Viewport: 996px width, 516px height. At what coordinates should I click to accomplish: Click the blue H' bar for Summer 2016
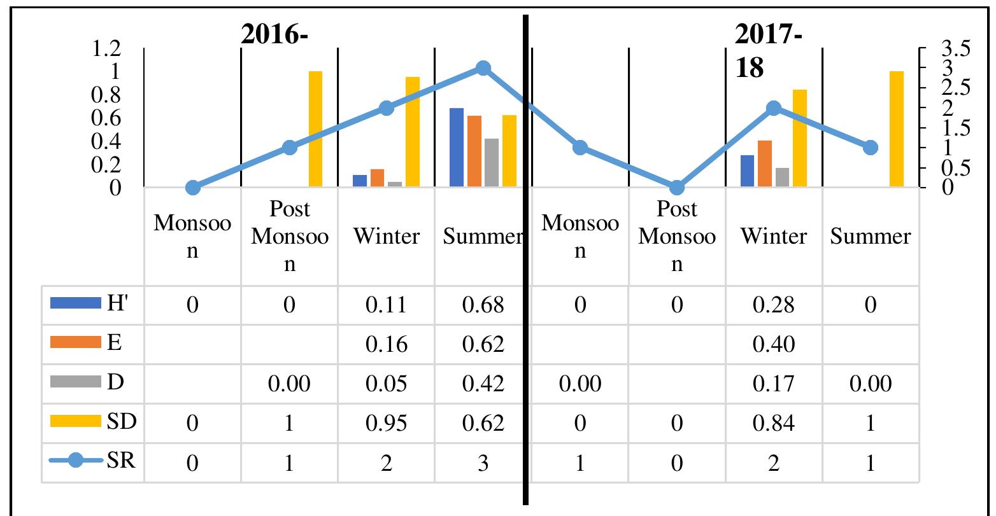[456, 148]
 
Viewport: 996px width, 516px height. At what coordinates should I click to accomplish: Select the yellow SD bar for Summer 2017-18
[897, 129]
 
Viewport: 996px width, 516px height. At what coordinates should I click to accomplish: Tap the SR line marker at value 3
[483, 68]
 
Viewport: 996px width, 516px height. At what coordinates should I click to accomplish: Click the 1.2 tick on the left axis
[106, 48]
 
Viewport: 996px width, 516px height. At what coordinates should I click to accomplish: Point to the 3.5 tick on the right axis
[955, 48]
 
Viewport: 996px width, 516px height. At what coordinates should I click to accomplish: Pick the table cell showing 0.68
[483, 305]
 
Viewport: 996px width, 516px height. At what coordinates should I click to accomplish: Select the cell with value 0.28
[773, 305]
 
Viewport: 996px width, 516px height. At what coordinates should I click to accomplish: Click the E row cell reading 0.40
[773, 344]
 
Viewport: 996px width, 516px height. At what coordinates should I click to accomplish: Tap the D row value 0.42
[483, 383]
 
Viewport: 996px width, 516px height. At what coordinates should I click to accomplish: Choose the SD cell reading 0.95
[386, 422]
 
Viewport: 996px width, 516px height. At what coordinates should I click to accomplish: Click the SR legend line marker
[76, 460]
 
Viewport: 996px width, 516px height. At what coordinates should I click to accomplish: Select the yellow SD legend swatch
[76, 421]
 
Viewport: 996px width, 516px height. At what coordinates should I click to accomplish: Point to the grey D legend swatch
[76, 382]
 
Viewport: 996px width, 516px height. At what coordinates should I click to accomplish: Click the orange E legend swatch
[76, 342]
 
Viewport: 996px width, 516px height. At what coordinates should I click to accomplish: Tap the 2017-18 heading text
[769, 51]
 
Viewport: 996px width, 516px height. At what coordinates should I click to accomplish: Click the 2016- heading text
[274, 34]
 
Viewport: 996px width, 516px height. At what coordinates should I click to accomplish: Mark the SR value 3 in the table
[483, 463]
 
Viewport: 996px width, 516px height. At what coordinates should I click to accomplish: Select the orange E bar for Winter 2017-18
[765, 164]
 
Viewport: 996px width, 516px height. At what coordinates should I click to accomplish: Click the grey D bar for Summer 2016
[492, 162]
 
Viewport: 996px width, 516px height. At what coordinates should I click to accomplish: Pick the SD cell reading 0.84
[773, 422]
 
